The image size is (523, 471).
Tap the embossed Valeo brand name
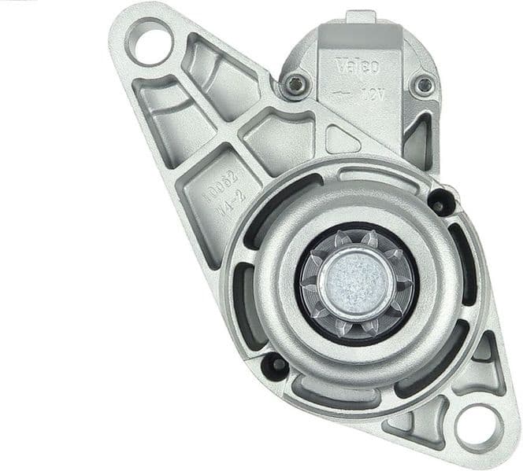tap(358, 65)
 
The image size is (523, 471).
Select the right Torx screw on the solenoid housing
tap(425, 83)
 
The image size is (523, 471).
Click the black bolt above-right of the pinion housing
tap(441, 202)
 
